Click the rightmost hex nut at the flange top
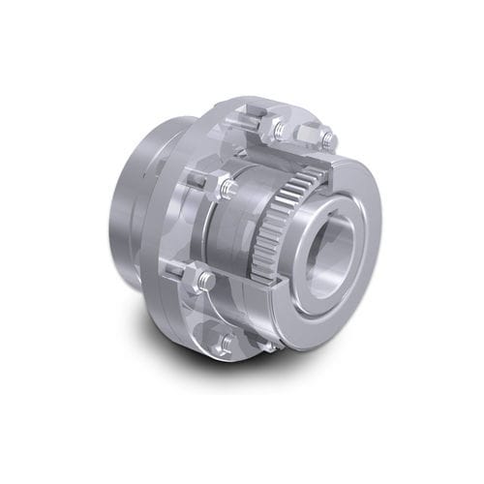[326, 138]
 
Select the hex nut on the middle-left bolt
[226, 187]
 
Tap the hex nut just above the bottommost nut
[206, 282]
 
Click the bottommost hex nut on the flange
[225, 343]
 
